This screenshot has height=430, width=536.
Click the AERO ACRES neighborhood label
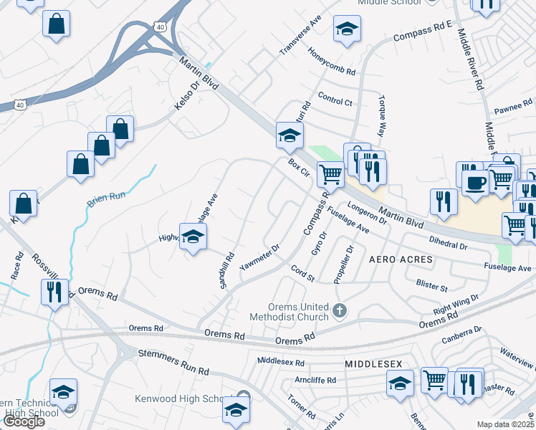click(401, 259)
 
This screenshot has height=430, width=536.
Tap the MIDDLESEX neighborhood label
click(373, 364)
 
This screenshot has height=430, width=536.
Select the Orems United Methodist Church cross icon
click(340, 311)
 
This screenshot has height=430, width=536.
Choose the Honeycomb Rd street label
click(332, 62)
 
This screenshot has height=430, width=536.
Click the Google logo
click(24, 421)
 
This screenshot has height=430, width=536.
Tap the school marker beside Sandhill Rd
click(192, 237)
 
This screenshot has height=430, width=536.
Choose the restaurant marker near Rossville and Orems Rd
click(54, 292)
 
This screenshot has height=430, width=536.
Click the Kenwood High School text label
click(182, 398)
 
